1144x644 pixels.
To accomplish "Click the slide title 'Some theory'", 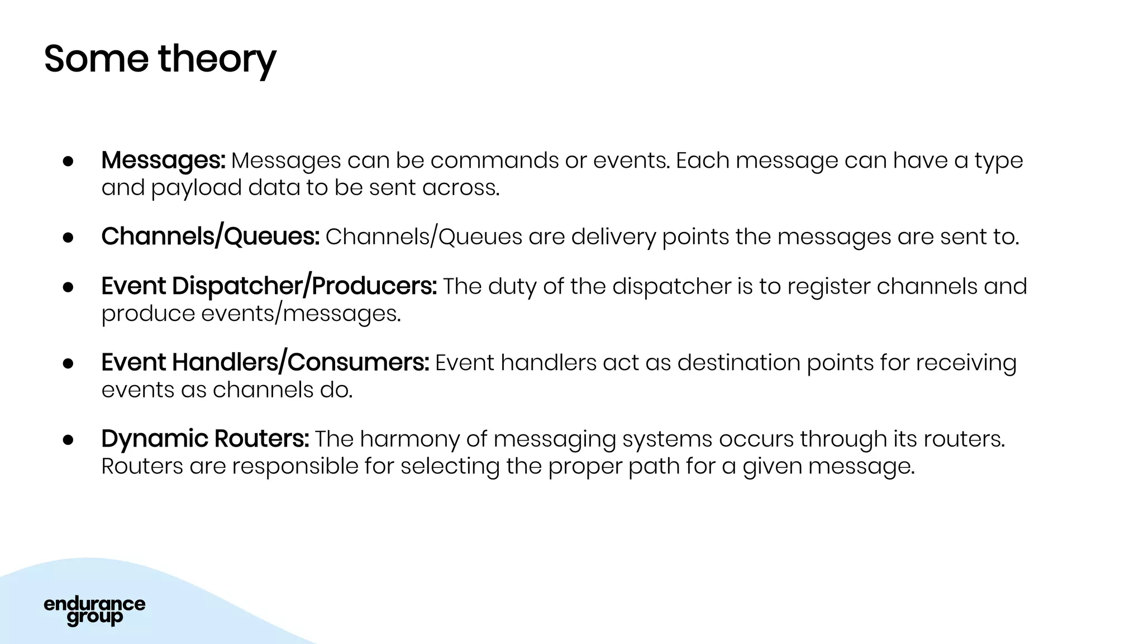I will click(x=160, y=59).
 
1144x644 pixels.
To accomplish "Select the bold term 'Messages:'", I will click(x=163, y=160).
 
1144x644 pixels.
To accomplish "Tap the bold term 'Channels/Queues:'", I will click(x=210, y=236).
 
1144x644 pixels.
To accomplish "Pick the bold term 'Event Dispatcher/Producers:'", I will click(x=269, y=286).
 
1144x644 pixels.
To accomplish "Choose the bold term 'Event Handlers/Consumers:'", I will click(x=265, y=362).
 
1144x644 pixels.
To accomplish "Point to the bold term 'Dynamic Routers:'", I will click(x=205, y=439).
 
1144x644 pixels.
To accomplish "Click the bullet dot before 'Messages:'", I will click(x=68, y=161).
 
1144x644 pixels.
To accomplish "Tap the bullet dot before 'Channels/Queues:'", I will click(x=68, y=238).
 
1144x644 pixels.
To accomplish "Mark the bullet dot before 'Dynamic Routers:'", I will click(x=68, y=440).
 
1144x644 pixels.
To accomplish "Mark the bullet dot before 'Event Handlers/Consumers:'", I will click(x=68, y=363).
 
